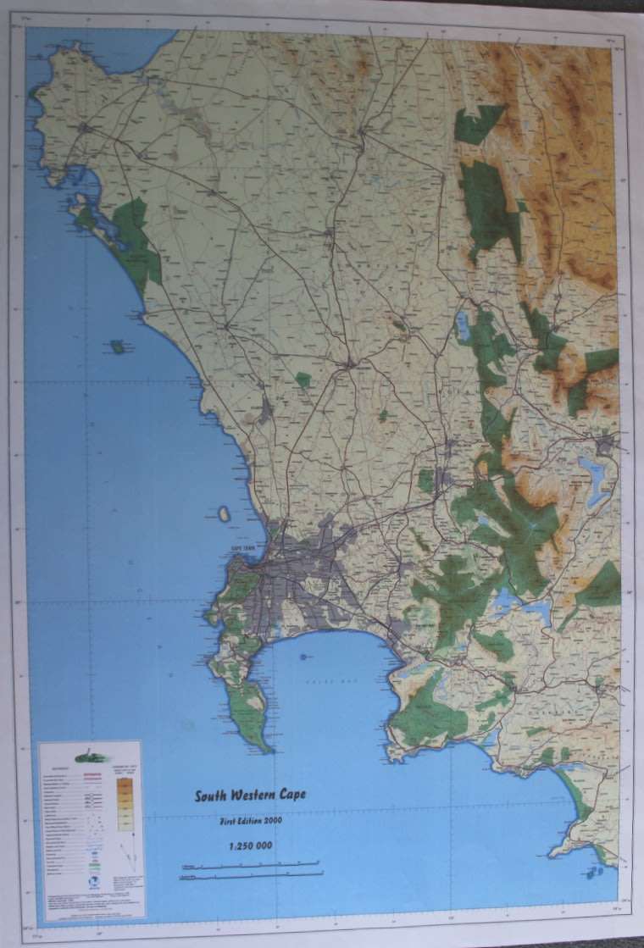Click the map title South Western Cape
(x=251, y=796)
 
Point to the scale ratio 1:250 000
(x=251, y=845)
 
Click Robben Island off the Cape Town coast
(x=224, y=513)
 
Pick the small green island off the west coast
(x=117, y=346)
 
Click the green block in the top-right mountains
(x=479, y=124)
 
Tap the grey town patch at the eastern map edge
(x=605, y=443)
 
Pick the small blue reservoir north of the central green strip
(x=463, y=324)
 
